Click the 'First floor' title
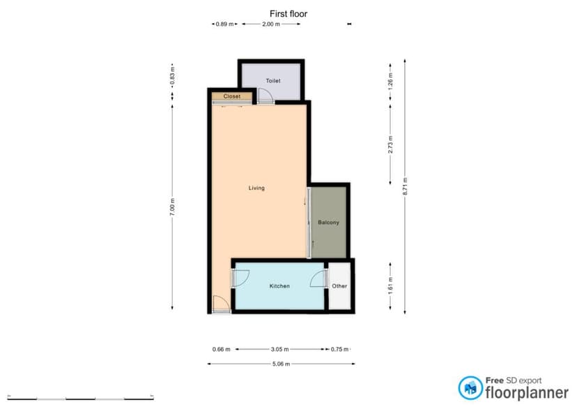click(x=288, y=13)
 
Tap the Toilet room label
click(x=273, y=81)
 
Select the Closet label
click(x=232, y=96)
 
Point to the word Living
click(x=256, y=188)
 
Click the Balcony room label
click(x=328, y=223)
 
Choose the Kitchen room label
click(x=279, y=286)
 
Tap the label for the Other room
click(x=339, y=286)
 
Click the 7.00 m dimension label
click(x=172, y=207)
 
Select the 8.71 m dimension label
click(x=405, y=187)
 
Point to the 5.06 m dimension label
click(x=281, y=364)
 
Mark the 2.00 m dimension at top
click(x=271, y=24)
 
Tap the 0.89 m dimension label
click(x=224, y=24)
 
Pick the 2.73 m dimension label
click(x=391, y=144)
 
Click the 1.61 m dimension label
click(x=391, y=285)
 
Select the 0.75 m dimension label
click(x=339, y=349)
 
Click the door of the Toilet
click(x=265, y=97)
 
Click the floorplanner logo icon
click(x=468, y=387)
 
